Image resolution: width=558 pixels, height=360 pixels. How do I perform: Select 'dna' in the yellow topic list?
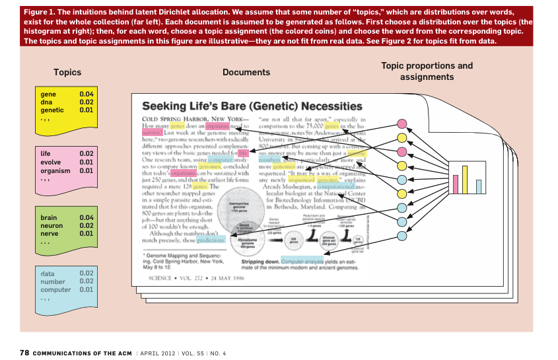pos(47,102)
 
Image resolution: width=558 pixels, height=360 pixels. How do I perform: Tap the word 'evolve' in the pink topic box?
pos(50,162)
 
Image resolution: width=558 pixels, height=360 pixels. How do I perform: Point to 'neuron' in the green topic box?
pos(50,225)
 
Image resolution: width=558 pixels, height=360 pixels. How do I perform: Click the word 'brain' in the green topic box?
pos(49,217)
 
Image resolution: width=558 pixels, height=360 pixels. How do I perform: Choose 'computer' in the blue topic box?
pos(55,289)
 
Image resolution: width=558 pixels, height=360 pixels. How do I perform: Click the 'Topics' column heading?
pos(67,73)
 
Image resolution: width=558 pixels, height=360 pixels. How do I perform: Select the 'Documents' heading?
pos(246,73)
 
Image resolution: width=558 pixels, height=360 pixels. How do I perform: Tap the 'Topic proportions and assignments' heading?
pos(427,71)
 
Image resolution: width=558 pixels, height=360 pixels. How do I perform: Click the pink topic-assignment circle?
pos(401,124)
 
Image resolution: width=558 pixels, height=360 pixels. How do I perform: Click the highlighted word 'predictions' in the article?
pos(213,240)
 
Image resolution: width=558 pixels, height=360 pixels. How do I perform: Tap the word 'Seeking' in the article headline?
pos(168,106)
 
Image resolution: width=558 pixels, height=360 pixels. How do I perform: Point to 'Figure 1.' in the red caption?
pos(38,13)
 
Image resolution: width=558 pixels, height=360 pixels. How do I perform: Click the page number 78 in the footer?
pos(24,353)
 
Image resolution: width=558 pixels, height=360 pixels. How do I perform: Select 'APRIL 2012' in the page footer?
pos(158,353)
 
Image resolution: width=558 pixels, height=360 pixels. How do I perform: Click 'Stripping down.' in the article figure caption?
pos(256,262)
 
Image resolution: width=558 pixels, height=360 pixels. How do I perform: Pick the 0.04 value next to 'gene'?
pos(87,94)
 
